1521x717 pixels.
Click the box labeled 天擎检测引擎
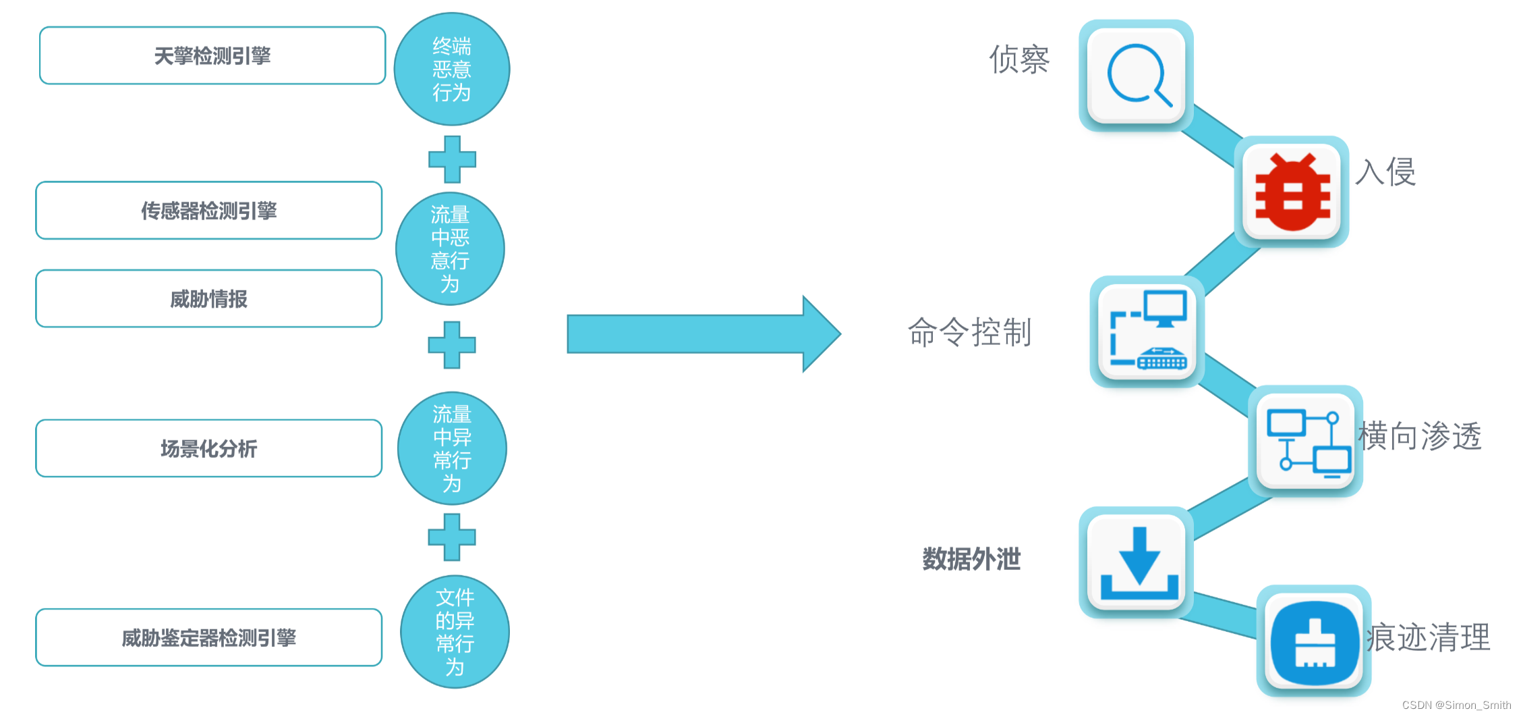(212, 56)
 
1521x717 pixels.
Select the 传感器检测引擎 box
(209, 211)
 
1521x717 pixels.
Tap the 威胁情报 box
(209, 299)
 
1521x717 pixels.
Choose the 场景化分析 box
(209, 448)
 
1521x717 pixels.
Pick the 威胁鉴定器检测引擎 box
(209, 637)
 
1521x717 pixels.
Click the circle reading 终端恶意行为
(452, 70)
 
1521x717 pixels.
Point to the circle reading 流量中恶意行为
(450, 249)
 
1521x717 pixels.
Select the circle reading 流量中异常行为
(452, 448)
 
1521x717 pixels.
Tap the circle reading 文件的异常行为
(455, 632)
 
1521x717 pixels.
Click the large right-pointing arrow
(701, 334)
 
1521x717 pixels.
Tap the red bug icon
(1292, 192)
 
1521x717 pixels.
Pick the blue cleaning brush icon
(1314, 641)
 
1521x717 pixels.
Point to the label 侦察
(1019, 59)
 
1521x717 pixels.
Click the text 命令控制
(969, 332)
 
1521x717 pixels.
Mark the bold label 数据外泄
(971, 559)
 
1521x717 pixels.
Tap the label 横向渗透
(1420, 436)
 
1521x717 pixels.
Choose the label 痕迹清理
(1429, 637)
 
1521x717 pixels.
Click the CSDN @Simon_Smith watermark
(1456, 705)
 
